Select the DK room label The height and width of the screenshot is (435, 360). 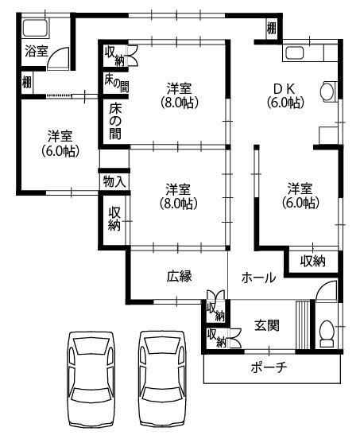[284, 94]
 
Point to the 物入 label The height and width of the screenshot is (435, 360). [114, 181]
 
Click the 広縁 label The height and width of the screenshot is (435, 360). [179, 277]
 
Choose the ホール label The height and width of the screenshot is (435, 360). [258, 278]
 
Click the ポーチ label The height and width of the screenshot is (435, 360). [268, 367]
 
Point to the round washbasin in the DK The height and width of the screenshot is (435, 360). [327, 91]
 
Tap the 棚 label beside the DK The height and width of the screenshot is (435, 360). [272, 29]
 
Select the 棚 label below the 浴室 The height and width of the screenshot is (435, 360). [27, 80]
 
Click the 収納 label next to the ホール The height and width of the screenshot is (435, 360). [312, 260]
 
